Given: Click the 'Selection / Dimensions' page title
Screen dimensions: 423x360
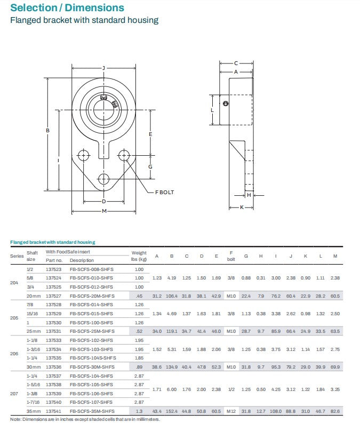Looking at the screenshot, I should point(67,8).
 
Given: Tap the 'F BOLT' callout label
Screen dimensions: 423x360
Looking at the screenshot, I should point(164,193).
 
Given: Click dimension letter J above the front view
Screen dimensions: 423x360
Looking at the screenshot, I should point(103,68).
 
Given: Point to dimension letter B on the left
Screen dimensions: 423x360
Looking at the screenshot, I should point(47,131).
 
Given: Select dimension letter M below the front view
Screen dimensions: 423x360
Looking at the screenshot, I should point(104,211).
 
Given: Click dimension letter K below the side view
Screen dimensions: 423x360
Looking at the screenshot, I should point(242,207).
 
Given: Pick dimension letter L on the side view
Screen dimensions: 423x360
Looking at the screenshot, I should point(212,110).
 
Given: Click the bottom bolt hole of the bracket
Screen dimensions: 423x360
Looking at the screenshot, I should point(103,178).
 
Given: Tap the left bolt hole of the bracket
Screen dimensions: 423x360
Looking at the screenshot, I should point(83,155).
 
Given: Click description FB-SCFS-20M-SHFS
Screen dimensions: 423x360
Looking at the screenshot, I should point(92,296).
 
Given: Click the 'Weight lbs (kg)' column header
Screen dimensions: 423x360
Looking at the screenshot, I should point(139,256).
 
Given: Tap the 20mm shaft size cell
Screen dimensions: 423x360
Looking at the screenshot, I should point(33,296).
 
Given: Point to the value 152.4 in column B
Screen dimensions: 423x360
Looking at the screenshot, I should point(172,411).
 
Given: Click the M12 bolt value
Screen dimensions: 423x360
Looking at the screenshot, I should point(231,411).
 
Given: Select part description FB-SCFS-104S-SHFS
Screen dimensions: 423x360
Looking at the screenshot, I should point(93,358).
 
